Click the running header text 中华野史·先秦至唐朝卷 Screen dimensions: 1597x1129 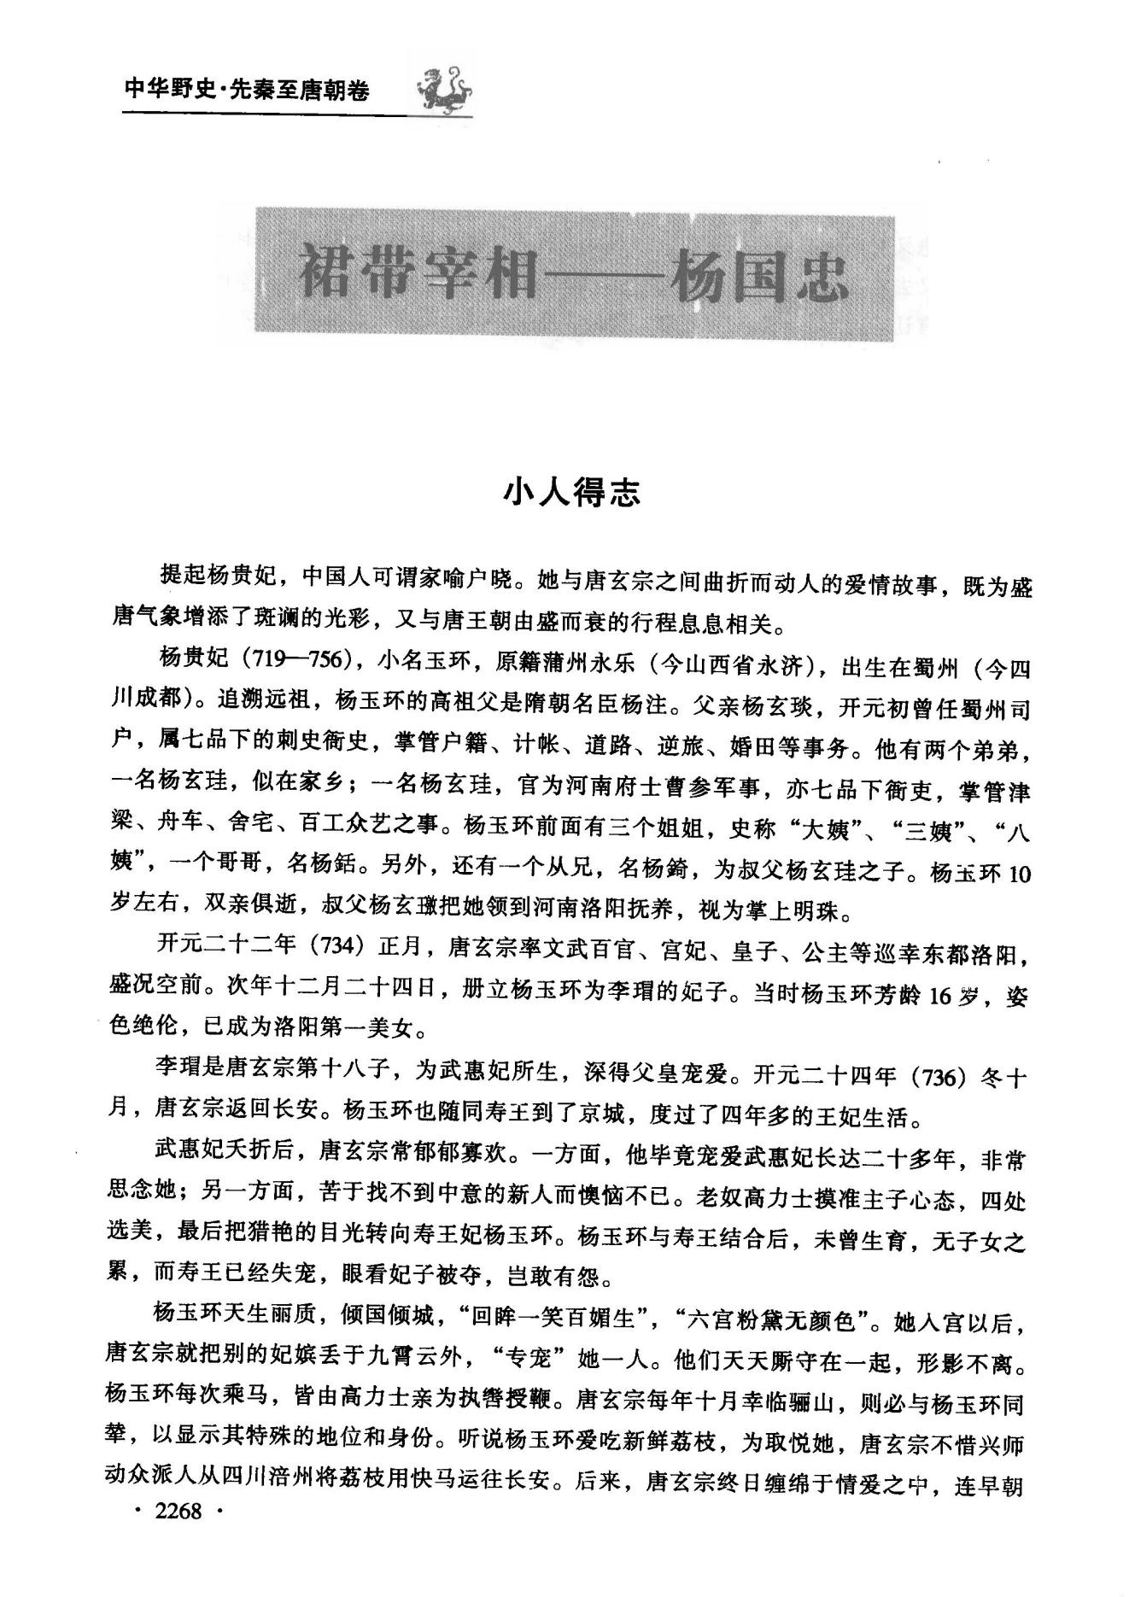pos(247,90)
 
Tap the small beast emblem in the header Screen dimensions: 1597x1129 pos(444,88)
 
